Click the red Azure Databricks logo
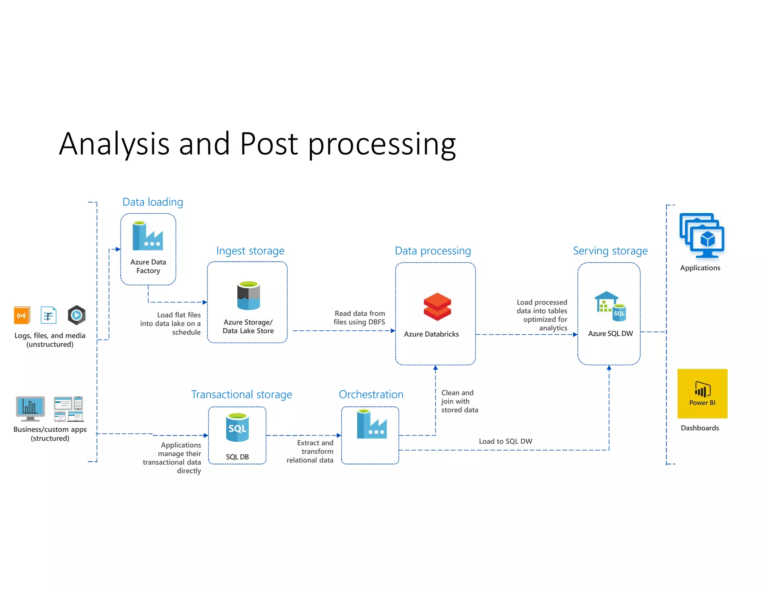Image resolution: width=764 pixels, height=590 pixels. tap(437, 307)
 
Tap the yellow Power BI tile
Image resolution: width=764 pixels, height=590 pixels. tap(702, 393)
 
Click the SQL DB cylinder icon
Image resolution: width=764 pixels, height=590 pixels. tap(237, 427)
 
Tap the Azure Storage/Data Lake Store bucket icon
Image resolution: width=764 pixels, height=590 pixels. tap(248, 296)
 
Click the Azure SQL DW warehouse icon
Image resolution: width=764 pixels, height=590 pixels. tap(610, 306)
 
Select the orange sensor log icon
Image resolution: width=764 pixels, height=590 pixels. tap(22, 316)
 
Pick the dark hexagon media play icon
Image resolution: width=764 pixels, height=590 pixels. tap(76, 315)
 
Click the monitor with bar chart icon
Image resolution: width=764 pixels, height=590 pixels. tap(30, 408)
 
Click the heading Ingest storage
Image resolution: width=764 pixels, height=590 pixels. tap(250, 251)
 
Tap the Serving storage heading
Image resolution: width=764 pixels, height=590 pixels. tap(610, 251)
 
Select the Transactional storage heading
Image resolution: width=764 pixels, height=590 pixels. tap(241, 394)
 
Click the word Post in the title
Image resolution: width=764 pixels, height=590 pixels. tap(269, 144)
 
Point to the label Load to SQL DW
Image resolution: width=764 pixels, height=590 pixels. tap(505, 441)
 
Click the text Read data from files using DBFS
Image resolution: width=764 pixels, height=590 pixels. tap(359, 318)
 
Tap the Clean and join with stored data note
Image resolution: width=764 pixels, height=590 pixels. tap(459, 401)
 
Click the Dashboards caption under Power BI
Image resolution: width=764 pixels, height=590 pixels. tap(699, 428)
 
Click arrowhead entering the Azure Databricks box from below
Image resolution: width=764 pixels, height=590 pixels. tap(435, 368)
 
